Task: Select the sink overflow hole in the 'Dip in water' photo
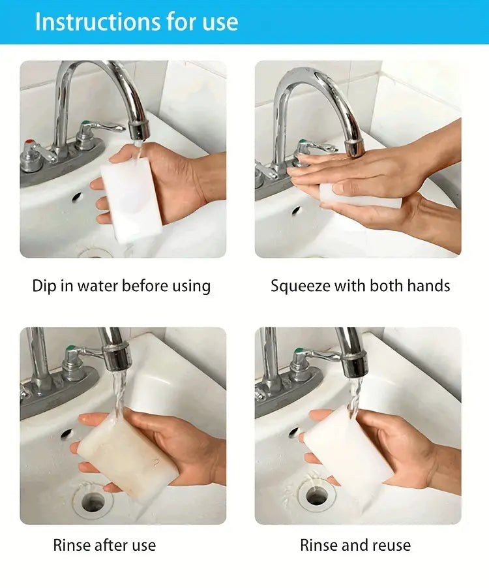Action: pos(77,196)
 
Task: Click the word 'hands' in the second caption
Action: pos(428,286)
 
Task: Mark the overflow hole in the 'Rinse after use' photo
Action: pos(67,434)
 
